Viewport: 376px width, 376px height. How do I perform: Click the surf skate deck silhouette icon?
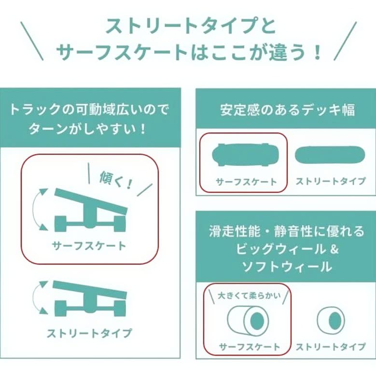coord(243,155)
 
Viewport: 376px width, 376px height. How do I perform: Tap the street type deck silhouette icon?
coord(330,155)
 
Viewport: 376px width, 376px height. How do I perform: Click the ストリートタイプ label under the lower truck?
coord(89,333)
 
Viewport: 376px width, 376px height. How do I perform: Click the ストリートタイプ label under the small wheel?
coord(331,347)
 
